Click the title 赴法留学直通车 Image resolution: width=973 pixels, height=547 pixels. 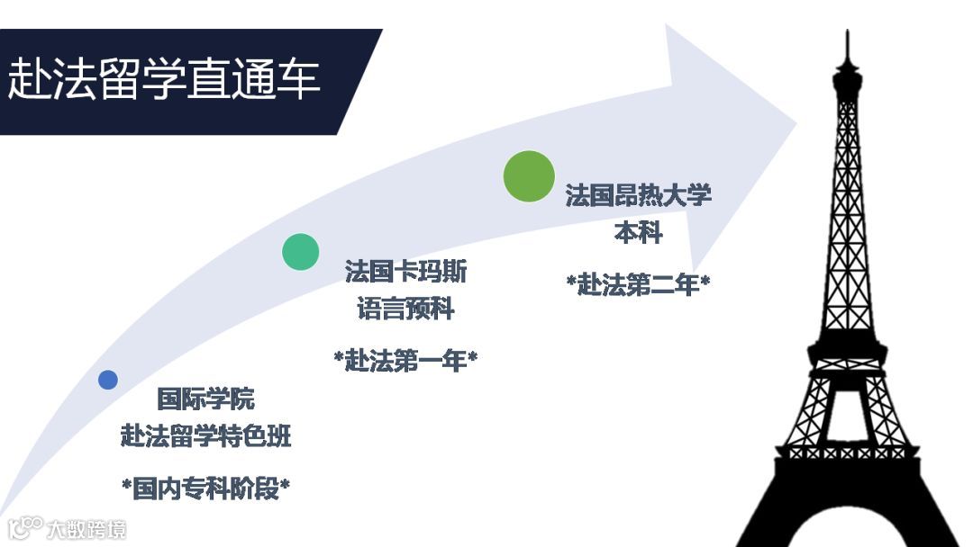tap(164, 79)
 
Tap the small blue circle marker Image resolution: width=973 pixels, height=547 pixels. tap(108, 380)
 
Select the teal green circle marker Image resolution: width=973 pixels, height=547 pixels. tap(301, 252)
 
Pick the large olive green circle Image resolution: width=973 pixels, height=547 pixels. tap(529, 175)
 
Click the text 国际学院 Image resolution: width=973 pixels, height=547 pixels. tap(206, 399)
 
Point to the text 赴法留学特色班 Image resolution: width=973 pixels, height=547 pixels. tap(206, 437)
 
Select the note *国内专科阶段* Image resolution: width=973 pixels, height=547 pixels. tap(206, 489)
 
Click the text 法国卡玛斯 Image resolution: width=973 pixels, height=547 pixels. tap(405, 272)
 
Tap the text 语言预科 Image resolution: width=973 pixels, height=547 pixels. tap(405, 310)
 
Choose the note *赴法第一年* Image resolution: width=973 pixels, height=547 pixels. tap(405, 361)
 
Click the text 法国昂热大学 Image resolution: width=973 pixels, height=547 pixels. tap(638, 195)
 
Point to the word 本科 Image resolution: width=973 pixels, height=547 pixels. tap(638, 233)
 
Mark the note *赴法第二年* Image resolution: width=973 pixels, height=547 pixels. tap(638, 284)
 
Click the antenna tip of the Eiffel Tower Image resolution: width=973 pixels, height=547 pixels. tap(847, 34)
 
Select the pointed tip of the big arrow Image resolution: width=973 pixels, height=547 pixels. tap(796, 121)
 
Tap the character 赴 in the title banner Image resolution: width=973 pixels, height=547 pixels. tap(30, 79)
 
